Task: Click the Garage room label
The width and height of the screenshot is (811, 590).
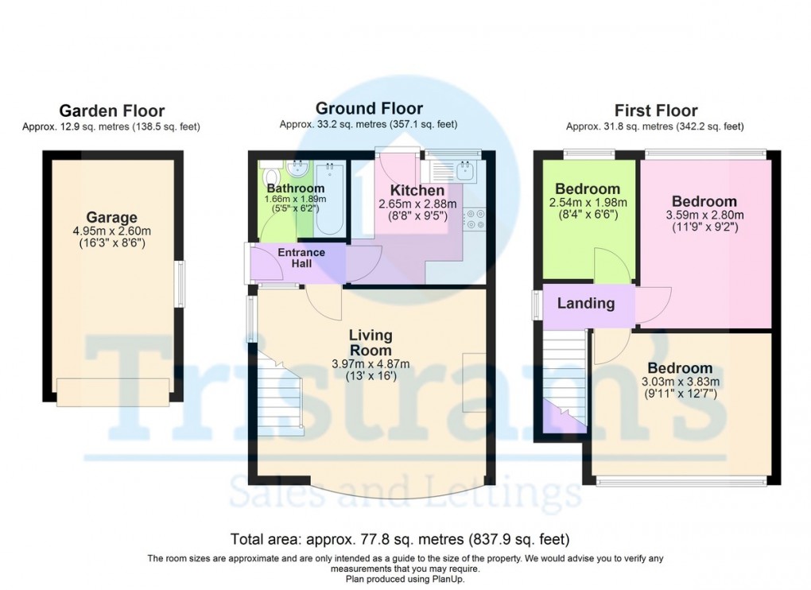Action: click(112, 217)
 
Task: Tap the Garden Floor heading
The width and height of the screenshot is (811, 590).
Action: click(111, 111)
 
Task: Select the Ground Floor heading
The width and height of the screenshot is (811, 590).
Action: click(369, 108)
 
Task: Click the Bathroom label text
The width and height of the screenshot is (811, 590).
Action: click(295, 188)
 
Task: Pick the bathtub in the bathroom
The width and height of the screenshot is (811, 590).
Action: click(329, 200)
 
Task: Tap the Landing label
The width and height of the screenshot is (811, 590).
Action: click(585, 303)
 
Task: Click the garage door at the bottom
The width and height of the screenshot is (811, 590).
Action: click(112, 391)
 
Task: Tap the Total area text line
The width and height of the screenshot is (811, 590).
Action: click(399, 538)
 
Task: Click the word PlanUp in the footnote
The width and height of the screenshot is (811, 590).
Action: click(450, 579)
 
